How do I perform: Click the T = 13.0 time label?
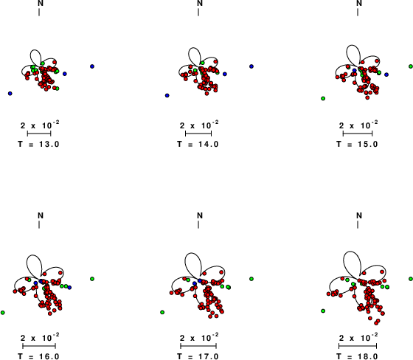(x=38, y=144)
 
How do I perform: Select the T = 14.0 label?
(x=198, y=144)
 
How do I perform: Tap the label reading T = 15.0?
(x=357, y=144)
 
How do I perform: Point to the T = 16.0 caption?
(x=38, y=356)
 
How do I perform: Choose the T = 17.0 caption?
(x=198, y=356)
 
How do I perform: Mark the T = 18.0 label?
(x=357, y=356)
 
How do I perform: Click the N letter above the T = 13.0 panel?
(x=41, y=3)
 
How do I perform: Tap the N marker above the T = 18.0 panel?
(x=359, y=215)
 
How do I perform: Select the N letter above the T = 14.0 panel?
(x=200, y=3)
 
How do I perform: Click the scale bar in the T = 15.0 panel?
(x=358, y=134)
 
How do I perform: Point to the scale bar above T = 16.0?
(x=39, y=346)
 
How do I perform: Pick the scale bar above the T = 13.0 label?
(x=39, y=134)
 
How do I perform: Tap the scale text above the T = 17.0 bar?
(x=199, y=338)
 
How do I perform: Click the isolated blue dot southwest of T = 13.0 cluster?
(x=10, y=94)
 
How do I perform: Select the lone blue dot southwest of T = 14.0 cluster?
(x=167, y=95)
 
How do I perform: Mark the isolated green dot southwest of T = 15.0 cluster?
(x=323, y=98)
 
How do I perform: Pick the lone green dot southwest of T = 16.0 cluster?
(x=3, y=313)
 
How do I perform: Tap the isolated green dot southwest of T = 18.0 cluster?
(x=323, y=311)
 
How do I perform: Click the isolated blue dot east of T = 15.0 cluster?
(x=386, y=75)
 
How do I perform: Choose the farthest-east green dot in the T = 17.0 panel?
(x=251, y=279)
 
